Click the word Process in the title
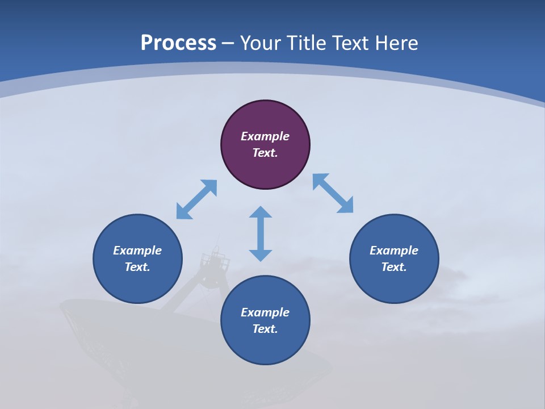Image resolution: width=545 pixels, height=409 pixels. [178, 43]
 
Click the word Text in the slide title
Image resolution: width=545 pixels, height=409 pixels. [351, 43]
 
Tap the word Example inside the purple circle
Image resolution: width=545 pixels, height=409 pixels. [265, 136]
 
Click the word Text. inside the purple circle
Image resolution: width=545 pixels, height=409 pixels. [265, 153]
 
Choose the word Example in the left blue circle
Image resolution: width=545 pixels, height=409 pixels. [137, 251]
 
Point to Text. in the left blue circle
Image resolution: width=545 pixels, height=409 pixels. [137, 267]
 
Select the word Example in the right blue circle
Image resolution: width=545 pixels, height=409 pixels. [394, 251]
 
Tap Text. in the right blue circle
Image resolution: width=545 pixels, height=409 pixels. [394, 267]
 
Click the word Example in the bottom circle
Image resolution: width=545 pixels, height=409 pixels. [265, 312]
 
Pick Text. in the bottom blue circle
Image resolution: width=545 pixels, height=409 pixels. [265, 329]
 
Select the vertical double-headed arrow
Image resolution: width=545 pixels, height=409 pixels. [261, 233]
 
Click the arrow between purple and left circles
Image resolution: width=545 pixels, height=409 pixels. [196, 199]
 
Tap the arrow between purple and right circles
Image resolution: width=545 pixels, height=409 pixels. [333, 193]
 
